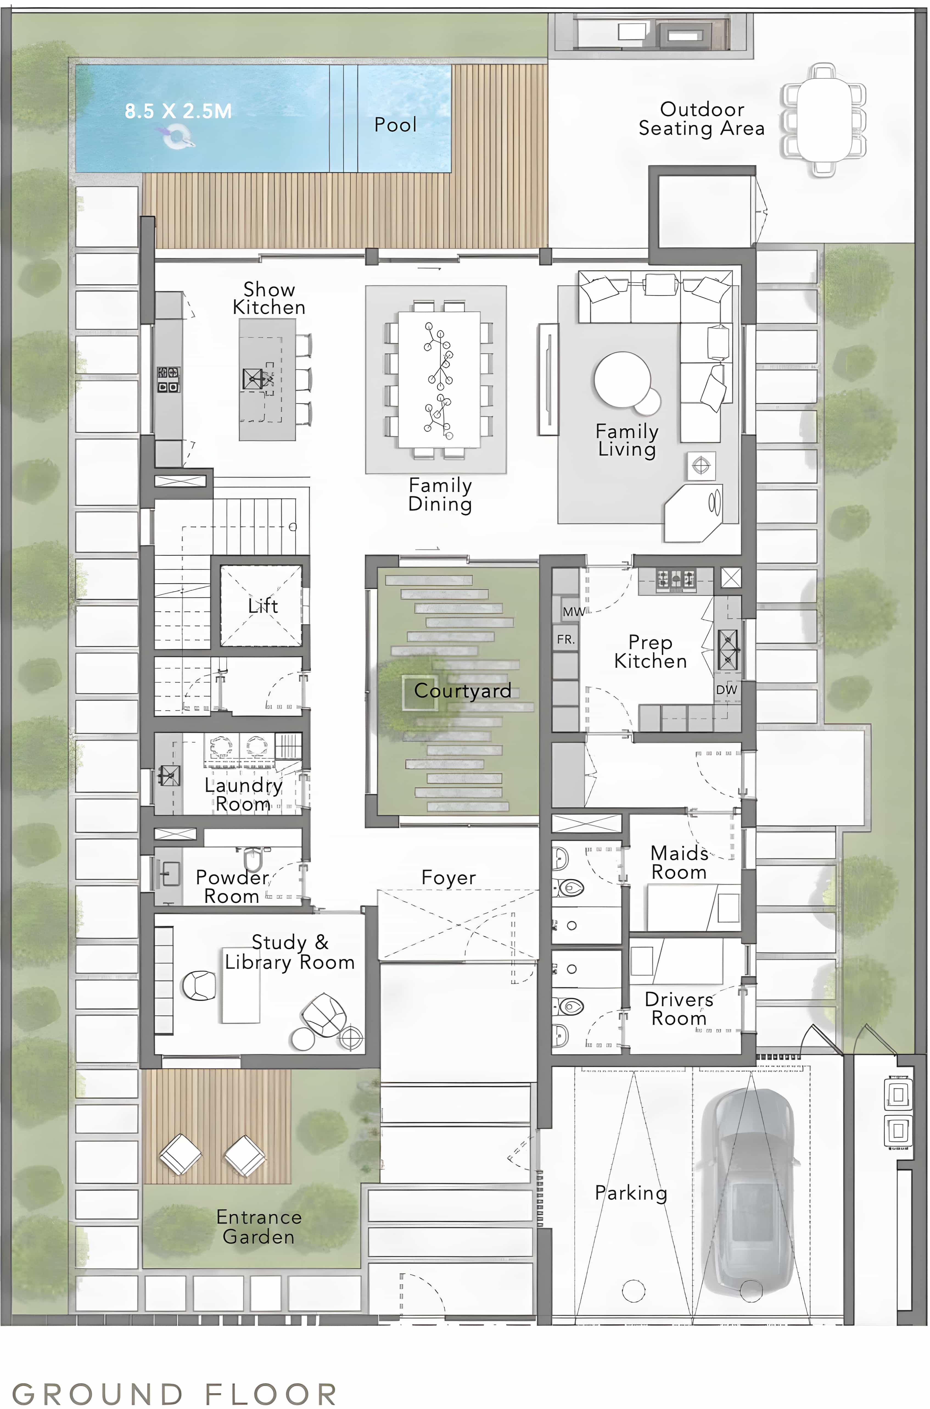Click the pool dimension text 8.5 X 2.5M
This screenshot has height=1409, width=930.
(178, 111)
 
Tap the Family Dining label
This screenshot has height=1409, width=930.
(440, 494)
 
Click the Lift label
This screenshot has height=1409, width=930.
(263, 606)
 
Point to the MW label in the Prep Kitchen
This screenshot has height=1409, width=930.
(573, 611)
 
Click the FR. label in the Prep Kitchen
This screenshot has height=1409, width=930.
(566, 639)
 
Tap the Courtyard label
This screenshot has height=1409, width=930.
(463, 690)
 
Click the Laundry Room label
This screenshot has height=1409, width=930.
(243, 794)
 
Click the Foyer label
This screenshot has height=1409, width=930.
(449, 878)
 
